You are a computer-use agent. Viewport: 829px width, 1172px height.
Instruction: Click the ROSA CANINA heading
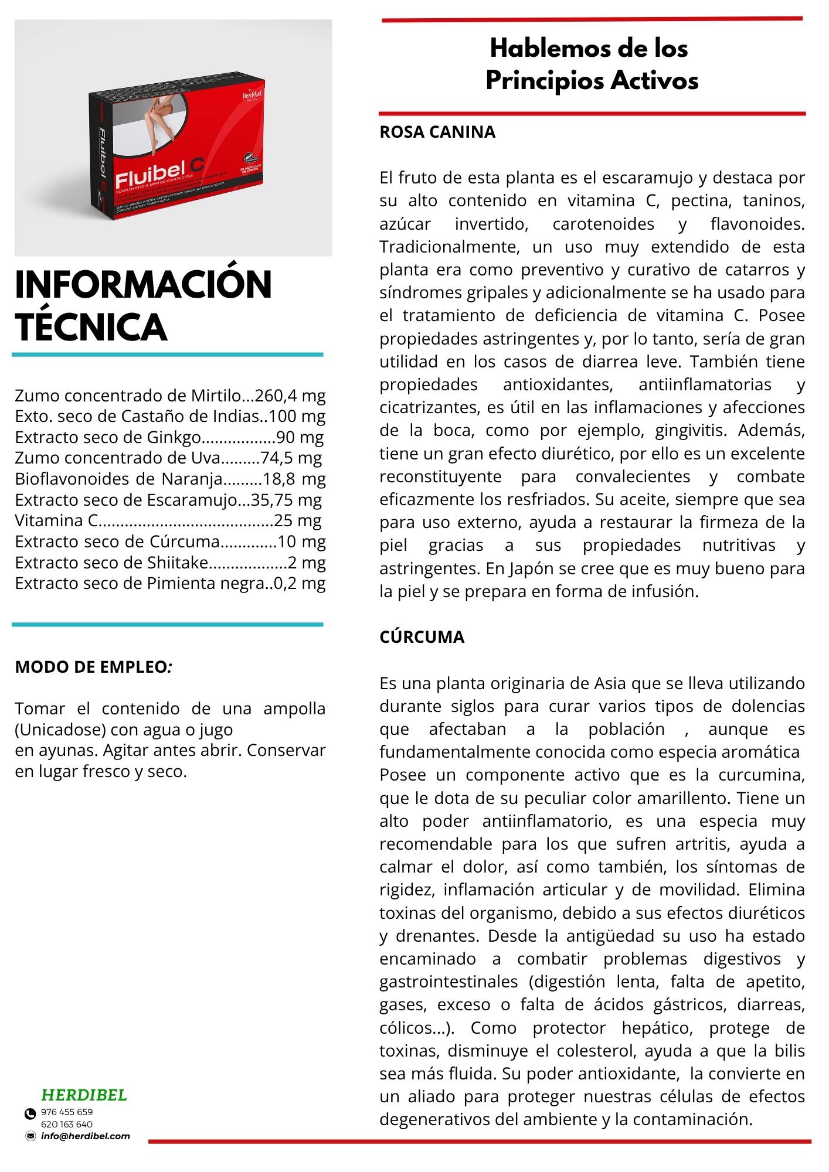pos(437,132)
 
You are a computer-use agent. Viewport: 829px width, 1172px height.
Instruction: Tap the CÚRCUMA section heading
pos(422,638)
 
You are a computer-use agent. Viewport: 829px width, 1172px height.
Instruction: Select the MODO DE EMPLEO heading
pos(93,667)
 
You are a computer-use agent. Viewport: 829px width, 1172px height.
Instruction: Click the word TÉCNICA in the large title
pos(91,327)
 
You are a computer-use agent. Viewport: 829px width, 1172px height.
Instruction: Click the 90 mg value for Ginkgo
pos(300,437)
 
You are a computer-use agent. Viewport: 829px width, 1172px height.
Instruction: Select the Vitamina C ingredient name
pos(56,520)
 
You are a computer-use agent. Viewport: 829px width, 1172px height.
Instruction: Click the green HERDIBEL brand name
pos(84,1095)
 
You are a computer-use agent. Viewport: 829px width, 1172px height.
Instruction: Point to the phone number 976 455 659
pos(67,1112)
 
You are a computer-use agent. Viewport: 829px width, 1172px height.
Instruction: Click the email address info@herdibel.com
pos(86,1136)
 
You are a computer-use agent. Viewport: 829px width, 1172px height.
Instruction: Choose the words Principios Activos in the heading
pos(592,80)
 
